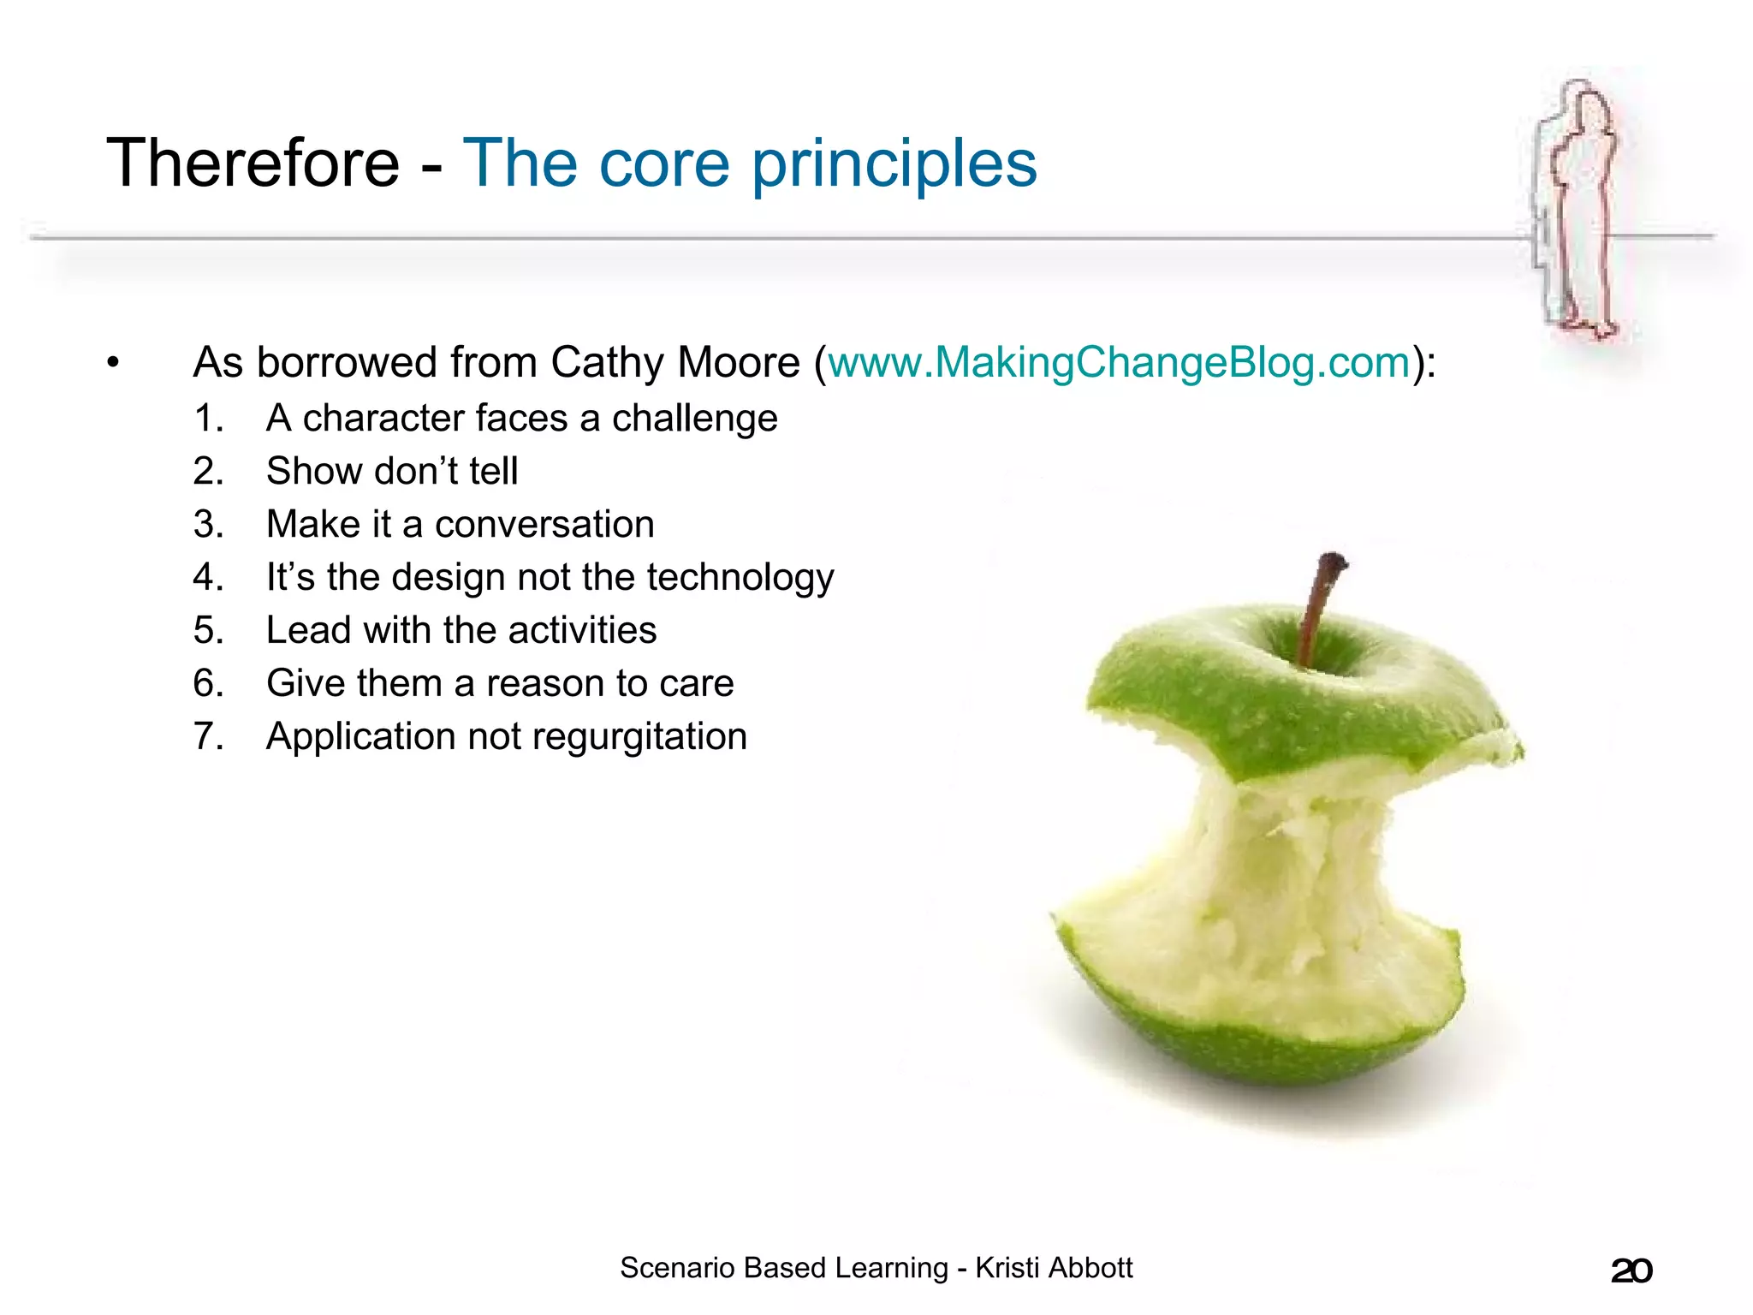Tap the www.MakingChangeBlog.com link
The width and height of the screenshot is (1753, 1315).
tap(1119, 362)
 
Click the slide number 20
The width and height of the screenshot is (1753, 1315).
tap(1631, 1270)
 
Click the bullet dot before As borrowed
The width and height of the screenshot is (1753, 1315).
tap(113, 363)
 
